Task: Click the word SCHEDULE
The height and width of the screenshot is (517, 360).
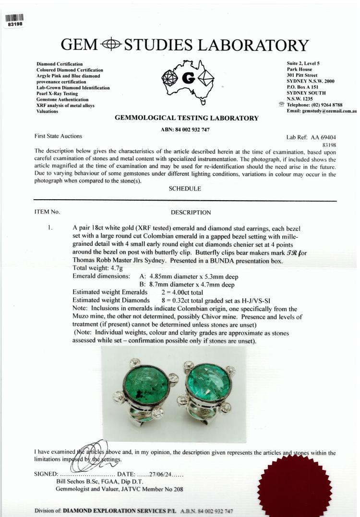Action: pos(185,189)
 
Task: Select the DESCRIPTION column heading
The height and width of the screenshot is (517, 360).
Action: pos(191,212)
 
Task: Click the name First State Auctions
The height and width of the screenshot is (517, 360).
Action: pos(59,136)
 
